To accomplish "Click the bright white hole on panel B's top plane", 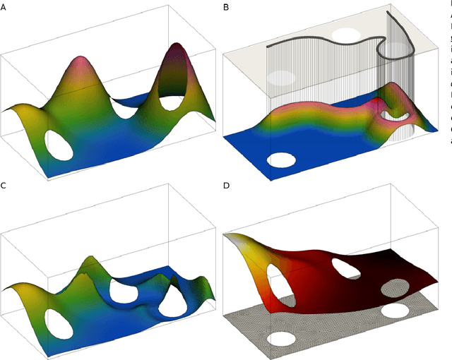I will click(x=347, y=33).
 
